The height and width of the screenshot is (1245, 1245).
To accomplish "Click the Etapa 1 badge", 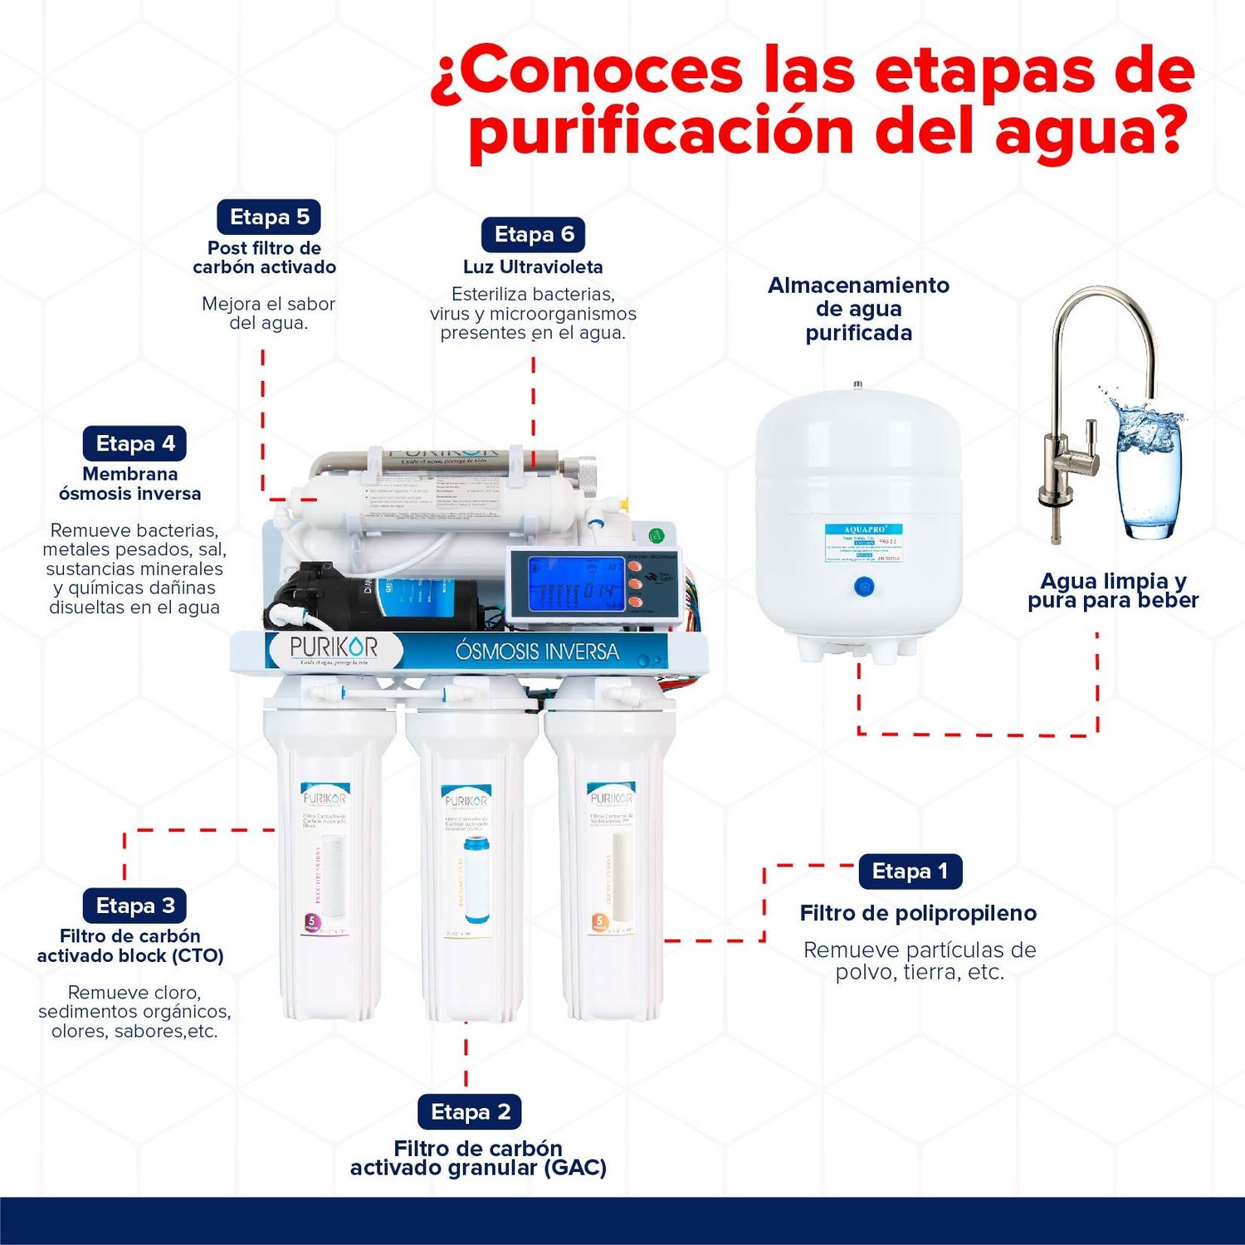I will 910,871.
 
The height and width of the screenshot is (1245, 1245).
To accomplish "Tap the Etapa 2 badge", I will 470,1112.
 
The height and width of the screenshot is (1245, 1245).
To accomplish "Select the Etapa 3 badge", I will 134,906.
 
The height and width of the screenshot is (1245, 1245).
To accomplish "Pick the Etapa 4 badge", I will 134,444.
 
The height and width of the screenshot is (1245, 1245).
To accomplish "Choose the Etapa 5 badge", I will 269,217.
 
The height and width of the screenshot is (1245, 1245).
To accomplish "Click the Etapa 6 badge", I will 534,235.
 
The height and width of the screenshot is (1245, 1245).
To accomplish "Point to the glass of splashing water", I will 1149,473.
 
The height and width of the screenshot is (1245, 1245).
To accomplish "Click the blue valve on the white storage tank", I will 863,587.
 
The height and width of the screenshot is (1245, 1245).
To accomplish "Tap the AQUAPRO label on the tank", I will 863,543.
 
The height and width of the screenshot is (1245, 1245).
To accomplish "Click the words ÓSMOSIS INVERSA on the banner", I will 537,652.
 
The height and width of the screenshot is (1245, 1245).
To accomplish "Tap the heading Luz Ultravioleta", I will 533,267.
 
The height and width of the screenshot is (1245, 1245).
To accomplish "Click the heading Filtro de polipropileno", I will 918,914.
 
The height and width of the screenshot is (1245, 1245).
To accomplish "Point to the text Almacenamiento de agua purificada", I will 858,309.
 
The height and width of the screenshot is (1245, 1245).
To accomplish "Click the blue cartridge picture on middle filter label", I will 476,880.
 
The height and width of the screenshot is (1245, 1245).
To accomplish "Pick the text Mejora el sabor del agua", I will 268,314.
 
